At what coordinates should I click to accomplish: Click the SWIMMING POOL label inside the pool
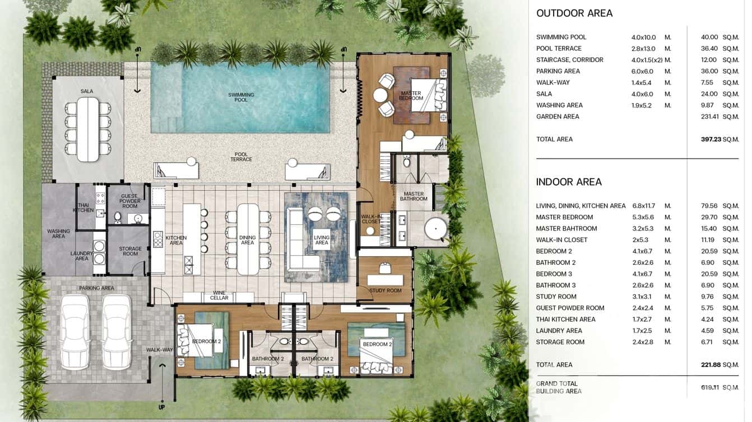tap(241, 97)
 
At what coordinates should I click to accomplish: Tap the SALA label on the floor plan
tap(87, 91)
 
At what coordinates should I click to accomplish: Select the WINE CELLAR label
tap(219, 295)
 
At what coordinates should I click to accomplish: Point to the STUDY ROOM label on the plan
tap(386, 290)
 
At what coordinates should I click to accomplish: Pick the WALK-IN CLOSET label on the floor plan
tap(370, 219)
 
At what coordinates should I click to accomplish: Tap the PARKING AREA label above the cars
tap(96, 288)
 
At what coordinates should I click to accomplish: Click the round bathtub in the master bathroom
tap(435, 229)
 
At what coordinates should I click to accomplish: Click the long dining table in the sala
tap(87, 129)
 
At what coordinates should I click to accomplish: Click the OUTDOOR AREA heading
tap(574, 13)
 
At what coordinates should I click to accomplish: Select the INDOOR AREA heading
tap(569, 182)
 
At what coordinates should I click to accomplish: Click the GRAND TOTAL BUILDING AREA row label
tap(558, 387)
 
